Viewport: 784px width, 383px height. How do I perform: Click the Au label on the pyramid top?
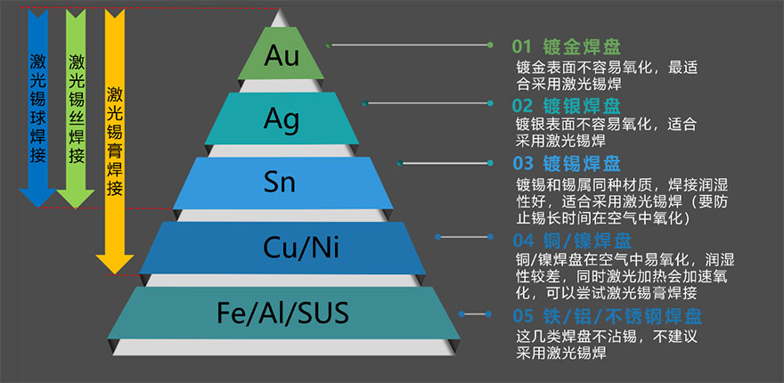click(x=283, y=55)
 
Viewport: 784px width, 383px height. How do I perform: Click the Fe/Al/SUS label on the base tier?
click(x=282, y=313)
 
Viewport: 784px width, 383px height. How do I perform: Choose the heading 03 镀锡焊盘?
click(x=567, y=164)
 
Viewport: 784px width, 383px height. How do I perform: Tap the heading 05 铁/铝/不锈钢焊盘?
click(x=606, y=316)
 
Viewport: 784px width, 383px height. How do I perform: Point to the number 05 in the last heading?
click(x=522, y=316)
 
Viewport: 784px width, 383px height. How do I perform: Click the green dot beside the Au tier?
click(x=329, y=45)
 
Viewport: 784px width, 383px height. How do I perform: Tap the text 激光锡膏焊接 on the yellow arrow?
click(x=115, y=141)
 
